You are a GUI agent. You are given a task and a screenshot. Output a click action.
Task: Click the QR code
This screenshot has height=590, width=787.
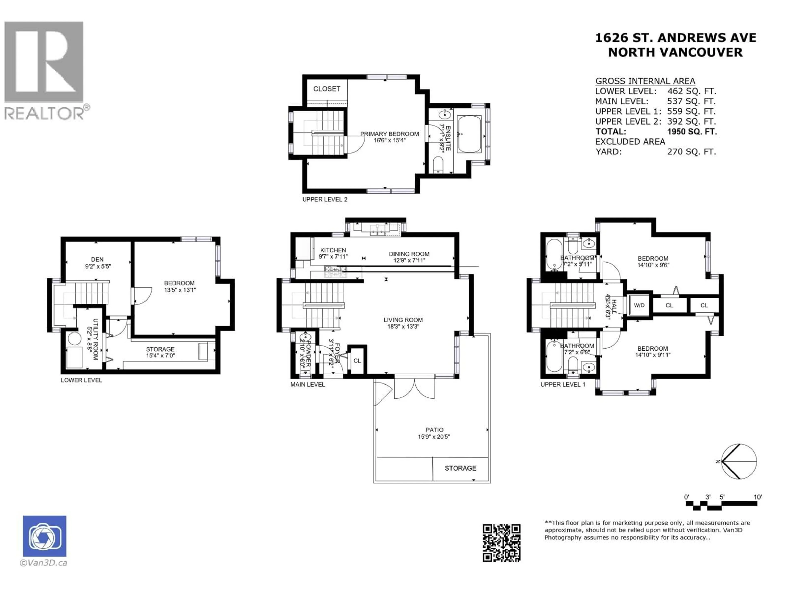[x=501, y=543]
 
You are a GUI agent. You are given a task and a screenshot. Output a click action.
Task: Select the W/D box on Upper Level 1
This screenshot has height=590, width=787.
[x=639, y=305]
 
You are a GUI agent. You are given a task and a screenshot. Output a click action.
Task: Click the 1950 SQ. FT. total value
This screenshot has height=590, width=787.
[x=692, y=132]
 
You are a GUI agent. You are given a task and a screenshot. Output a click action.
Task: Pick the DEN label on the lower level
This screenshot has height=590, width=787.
[x=97, y=260]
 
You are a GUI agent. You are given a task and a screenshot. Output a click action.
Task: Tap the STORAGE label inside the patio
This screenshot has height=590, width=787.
[x=460, y=468]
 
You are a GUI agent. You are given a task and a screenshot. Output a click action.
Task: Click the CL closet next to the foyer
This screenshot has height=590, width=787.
[x=357, y=361]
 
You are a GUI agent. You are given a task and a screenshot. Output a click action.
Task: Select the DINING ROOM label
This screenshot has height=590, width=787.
[x=409, y=254]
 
